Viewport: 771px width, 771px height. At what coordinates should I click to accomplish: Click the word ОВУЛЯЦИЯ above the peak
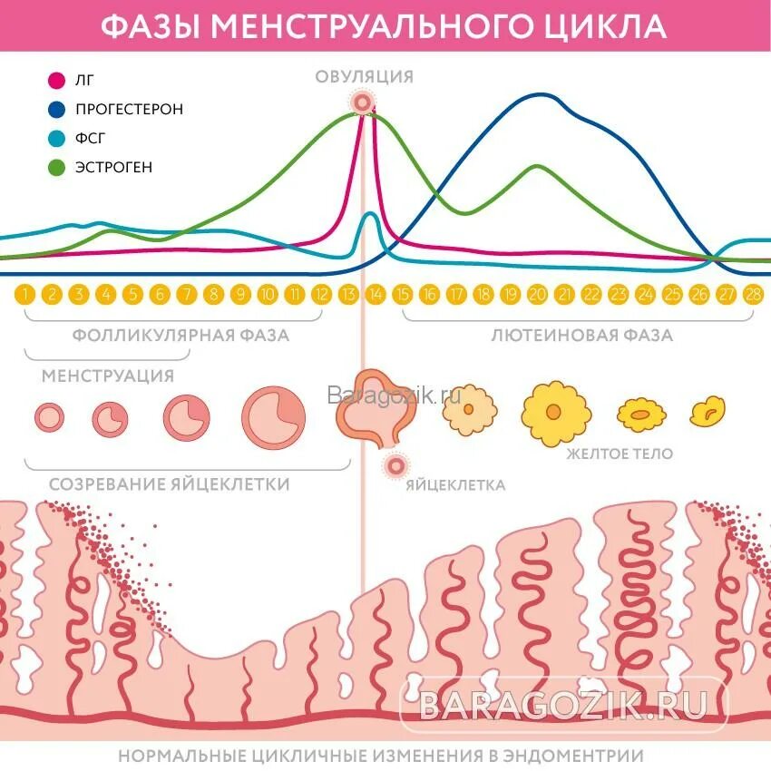[x=364, y=76]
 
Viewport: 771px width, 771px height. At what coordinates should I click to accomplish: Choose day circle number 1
[x=26, y=294]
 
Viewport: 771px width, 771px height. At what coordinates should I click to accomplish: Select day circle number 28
[x=753, y=294]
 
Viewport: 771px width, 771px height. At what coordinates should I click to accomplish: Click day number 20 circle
[x=537, y=294]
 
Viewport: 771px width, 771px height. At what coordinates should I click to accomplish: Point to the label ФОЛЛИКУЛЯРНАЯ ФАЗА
[x=181, y=336]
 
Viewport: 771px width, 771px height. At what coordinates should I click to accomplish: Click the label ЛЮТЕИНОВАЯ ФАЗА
[x=582, y=336]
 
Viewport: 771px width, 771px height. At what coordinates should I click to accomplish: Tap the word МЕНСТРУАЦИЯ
[x=108, y=375]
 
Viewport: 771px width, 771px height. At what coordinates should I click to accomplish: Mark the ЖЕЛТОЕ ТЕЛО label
[x=620, y=454]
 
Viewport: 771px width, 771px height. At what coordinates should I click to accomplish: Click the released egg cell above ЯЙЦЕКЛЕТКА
[x=395, y=466]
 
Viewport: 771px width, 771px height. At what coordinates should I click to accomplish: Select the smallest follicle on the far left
[x=49, y=417]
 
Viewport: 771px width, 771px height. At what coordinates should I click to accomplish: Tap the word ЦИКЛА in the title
[x=609, y=24]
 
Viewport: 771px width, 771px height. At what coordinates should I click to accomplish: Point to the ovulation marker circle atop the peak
[x=363, y=102]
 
